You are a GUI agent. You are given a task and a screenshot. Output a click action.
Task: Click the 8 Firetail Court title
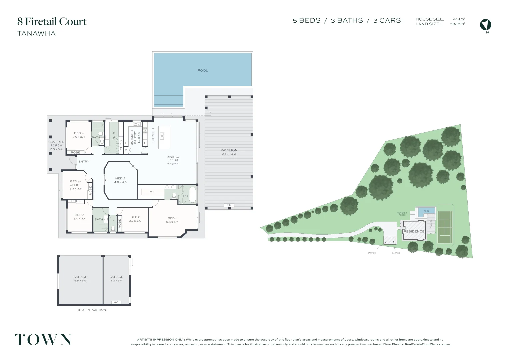52,22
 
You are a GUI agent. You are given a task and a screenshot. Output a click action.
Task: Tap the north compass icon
485,25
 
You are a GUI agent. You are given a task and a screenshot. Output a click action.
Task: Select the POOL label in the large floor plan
202,70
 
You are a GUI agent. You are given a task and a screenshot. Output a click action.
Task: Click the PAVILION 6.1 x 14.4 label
229,152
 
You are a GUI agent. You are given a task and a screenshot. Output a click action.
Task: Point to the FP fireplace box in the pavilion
229,205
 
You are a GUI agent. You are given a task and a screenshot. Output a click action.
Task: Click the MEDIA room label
120,180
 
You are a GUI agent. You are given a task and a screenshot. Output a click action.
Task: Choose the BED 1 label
172,220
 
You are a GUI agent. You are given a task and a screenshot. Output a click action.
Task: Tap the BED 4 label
79,135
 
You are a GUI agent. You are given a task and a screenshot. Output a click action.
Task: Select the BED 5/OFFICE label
76,185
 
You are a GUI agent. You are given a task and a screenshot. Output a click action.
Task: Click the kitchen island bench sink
162,135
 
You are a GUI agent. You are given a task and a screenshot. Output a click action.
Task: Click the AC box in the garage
116,302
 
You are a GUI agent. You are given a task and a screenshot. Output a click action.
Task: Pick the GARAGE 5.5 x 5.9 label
80,279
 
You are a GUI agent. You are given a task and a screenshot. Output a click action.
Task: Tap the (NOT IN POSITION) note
92,310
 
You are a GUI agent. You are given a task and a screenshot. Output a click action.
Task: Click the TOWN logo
43,340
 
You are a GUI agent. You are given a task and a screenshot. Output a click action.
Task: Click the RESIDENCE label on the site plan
414,231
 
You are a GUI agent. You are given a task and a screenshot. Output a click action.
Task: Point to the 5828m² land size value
457,24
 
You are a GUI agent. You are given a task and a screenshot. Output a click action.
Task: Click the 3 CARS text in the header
387,21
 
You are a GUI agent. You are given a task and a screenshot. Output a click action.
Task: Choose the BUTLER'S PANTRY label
133,137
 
